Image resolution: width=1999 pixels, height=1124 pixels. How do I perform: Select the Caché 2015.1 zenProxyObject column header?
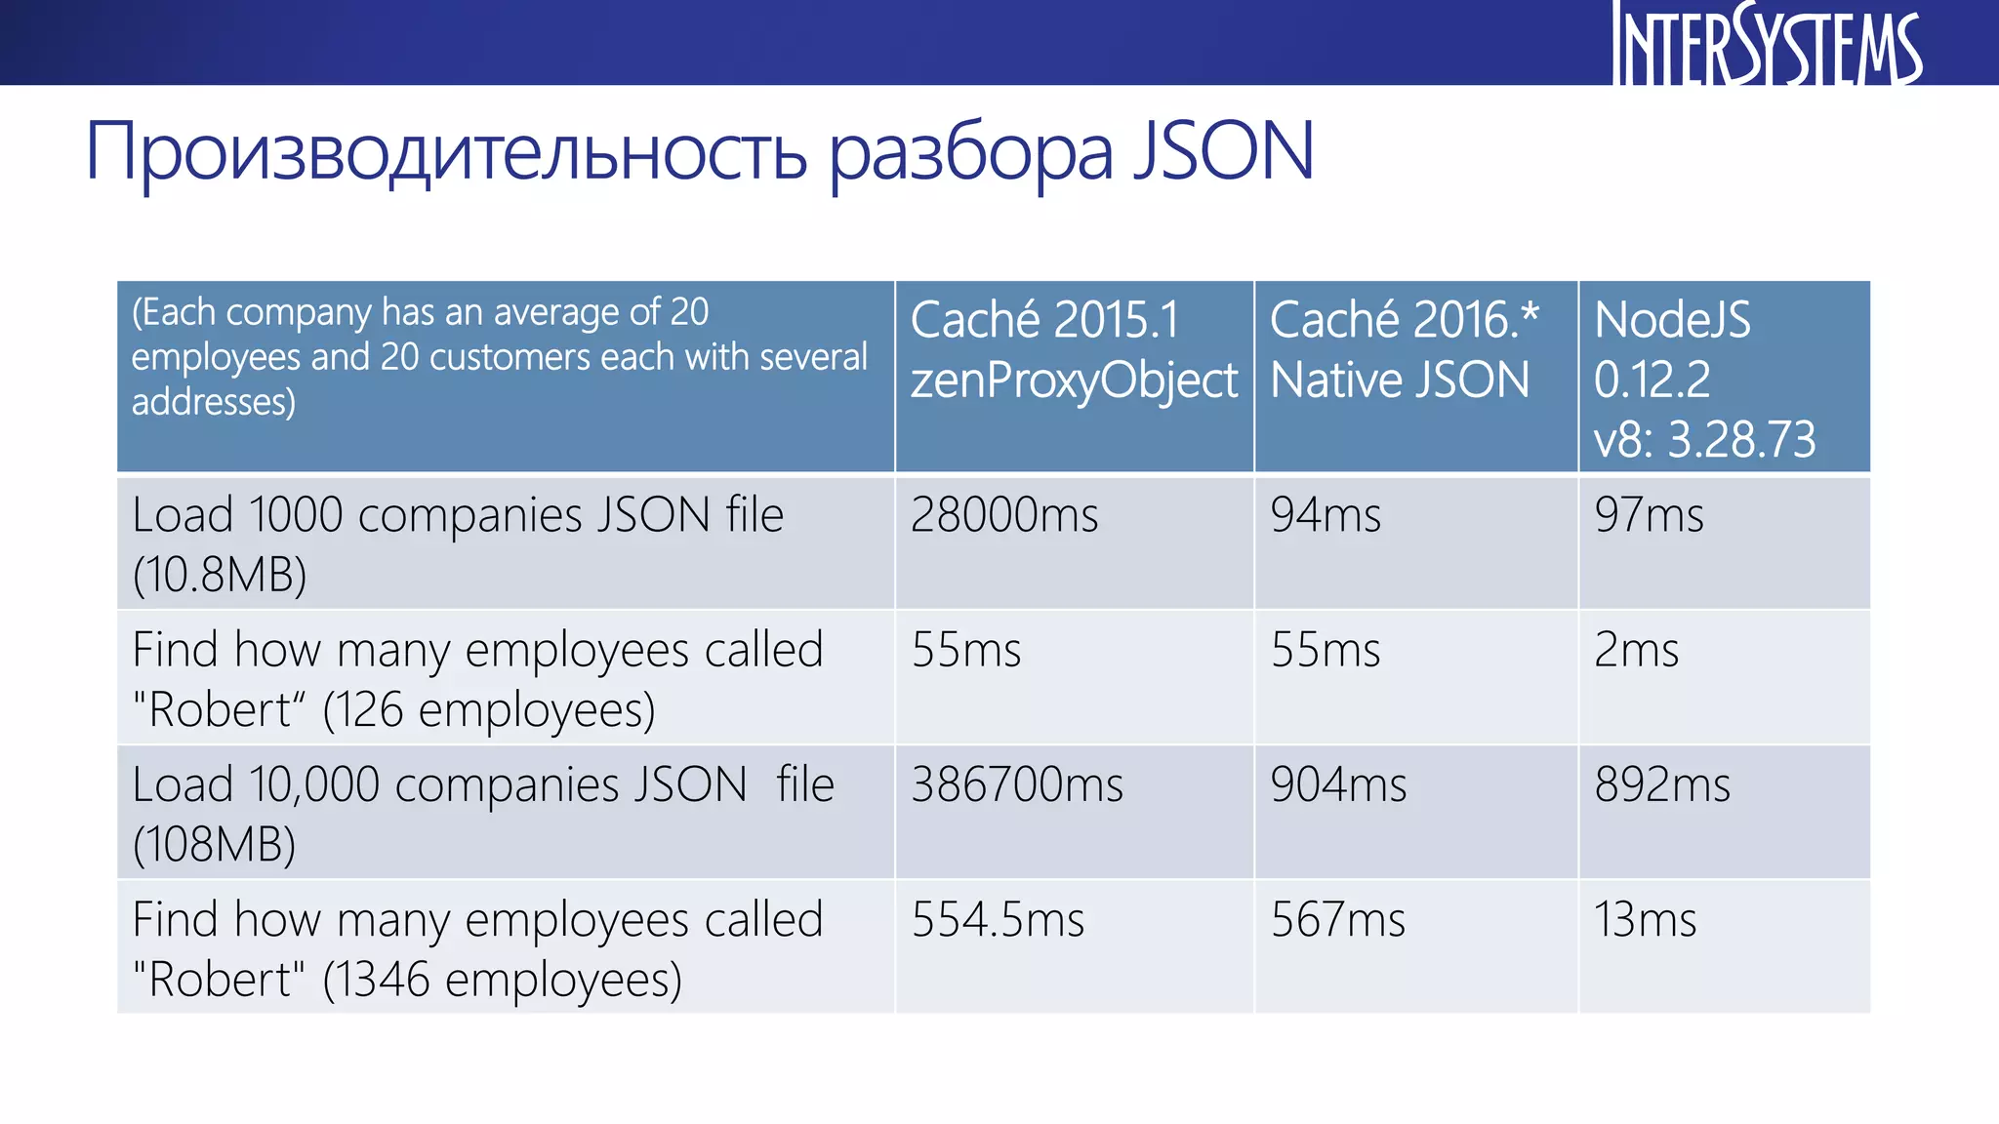[1074, 349]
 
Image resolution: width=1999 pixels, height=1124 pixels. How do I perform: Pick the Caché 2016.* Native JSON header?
[1404, 349]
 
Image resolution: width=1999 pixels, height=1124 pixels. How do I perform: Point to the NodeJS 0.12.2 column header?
[1672, 348]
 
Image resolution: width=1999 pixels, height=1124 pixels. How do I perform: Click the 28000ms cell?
[1004, 515]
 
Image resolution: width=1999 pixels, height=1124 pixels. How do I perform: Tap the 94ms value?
[1326, 515]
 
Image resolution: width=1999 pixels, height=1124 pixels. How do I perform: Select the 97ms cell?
[1649, 515]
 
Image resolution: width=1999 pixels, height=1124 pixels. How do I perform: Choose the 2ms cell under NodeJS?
[1636, 650]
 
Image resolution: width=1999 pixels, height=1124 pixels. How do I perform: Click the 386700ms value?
[1017, 784]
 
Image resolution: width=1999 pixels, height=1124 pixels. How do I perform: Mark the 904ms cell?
[1338, 784]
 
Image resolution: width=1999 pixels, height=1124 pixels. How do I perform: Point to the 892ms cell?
[1662, 784]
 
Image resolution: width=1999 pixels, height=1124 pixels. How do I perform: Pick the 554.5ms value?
[998, 920]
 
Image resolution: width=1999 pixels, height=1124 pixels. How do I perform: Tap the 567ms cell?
[1337, 920]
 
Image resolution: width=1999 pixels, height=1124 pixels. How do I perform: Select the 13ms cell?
[1645, 920]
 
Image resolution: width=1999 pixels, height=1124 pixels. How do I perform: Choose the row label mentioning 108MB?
[482, 814]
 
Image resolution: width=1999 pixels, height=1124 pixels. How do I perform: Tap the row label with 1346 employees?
[478, 949]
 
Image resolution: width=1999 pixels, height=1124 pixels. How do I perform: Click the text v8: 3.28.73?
[1704, 439]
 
